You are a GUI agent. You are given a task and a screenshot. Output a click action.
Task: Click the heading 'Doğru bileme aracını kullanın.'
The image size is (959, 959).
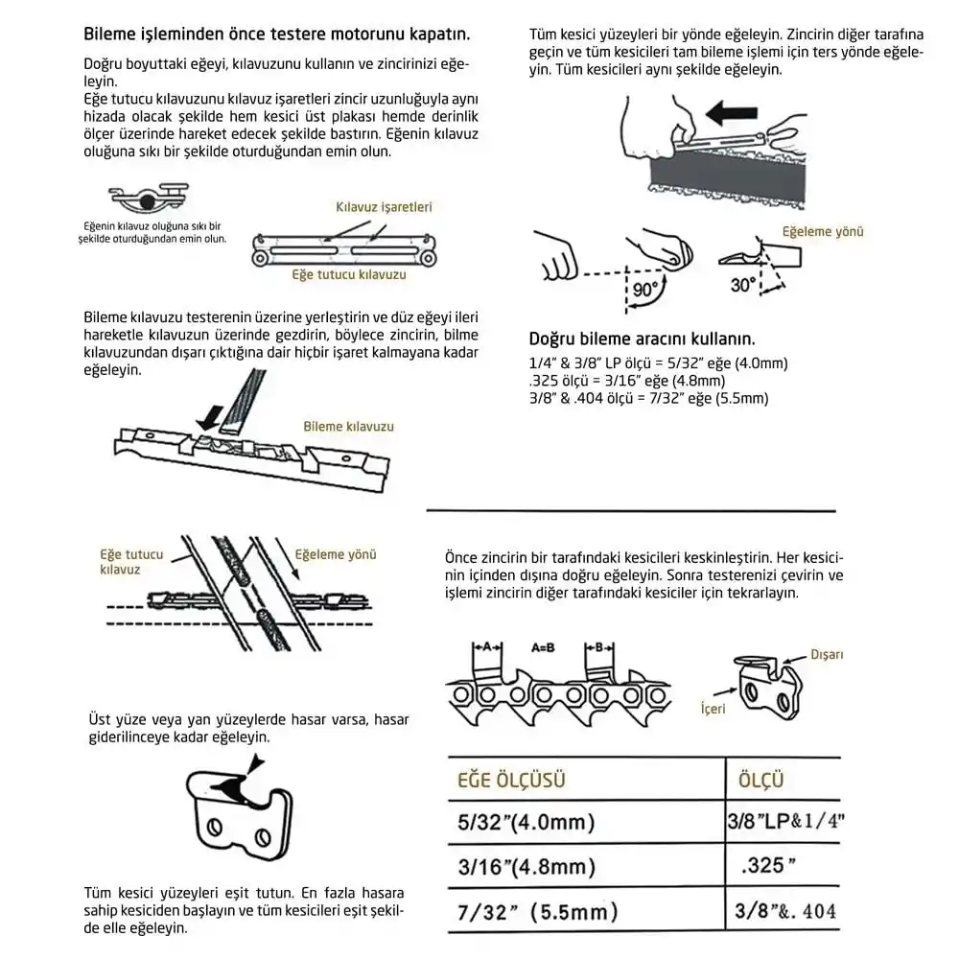[x=642, y=339]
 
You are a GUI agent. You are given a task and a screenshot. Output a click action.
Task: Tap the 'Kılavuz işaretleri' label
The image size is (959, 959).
[x=384, y=206]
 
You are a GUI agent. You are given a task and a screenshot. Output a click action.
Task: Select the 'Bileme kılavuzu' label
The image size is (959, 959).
[x=348, y=427]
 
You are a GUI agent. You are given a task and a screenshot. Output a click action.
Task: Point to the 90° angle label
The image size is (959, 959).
[x=643, y=288]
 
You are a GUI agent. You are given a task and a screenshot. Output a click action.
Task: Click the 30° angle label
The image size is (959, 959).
[x=743, y=285]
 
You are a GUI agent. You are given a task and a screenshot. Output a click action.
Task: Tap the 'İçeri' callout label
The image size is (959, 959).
[x=713, y=709]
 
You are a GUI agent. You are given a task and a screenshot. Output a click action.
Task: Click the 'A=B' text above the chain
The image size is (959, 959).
[x=544, y=647]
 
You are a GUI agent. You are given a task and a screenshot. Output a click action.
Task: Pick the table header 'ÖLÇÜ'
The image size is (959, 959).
[x=762, y=779]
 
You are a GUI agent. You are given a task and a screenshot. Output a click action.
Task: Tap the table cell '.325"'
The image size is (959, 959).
[x=769, y=866]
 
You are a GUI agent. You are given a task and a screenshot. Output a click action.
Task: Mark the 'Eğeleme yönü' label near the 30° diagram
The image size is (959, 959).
[x=823, y=232]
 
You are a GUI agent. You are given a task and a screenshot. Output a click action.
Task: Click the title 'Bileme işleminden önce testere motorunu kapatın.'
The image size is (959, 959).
[x=277, y=35]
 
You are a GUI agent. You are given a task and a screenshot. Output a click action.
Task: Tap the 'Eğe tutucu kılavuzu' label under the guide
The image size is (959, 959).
[x=349, y=274]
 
